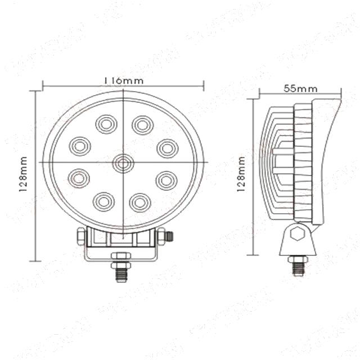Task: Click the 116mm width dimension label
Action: [124, 80]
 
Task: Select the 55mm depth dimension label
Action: [300, 88]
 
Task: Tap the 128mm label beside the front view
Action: [23, 174]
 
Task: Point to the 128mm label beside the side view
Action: [241, 174]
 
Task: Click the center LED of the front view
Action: [123, 163]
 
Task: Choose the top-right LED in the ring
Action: [142, 123]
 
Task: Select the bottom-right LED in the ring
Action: [140, 201]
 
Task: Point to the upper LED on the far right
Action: [166, 148]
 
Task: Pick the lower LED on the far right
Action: [166, 180]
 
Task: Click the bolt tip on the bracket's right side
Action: [170, 237]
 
